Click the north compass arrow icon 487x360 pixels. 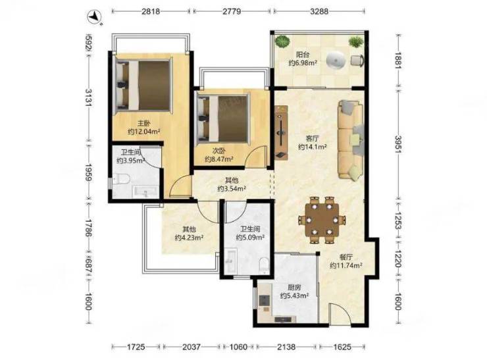tap(95, 16)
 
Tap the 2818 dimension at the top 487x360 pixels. tap(151, 11)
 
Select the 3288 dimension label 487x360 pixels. tap(319, 11)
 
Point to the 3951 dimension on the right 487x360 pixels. tap(398, 144)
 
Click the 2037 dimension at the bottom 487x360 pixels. tap(192, 347)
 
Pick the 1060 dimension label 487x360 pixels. tap(238, 347)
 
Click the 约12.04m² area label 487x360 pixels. tap(144, 132)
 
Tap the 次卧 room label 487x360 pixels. tap(218, 151)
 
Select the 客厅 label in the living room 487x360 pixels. tap(312, 138)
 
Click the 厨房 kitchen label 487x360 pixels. tap(294, 288)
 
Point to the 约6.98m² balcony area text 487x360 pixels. tap(303, 63)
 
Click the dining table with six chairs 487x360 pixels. tap(322, 220)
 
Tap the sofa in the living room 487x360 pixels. tap(351, 140)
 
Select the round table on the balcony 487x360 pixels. tap(336, 60)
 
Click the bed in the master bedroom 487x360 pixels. tap(143, 86)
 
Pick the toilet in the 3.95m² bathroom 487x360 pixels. tap(121, 180)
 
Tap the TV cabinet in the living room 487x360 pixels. tap(281, 132)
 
